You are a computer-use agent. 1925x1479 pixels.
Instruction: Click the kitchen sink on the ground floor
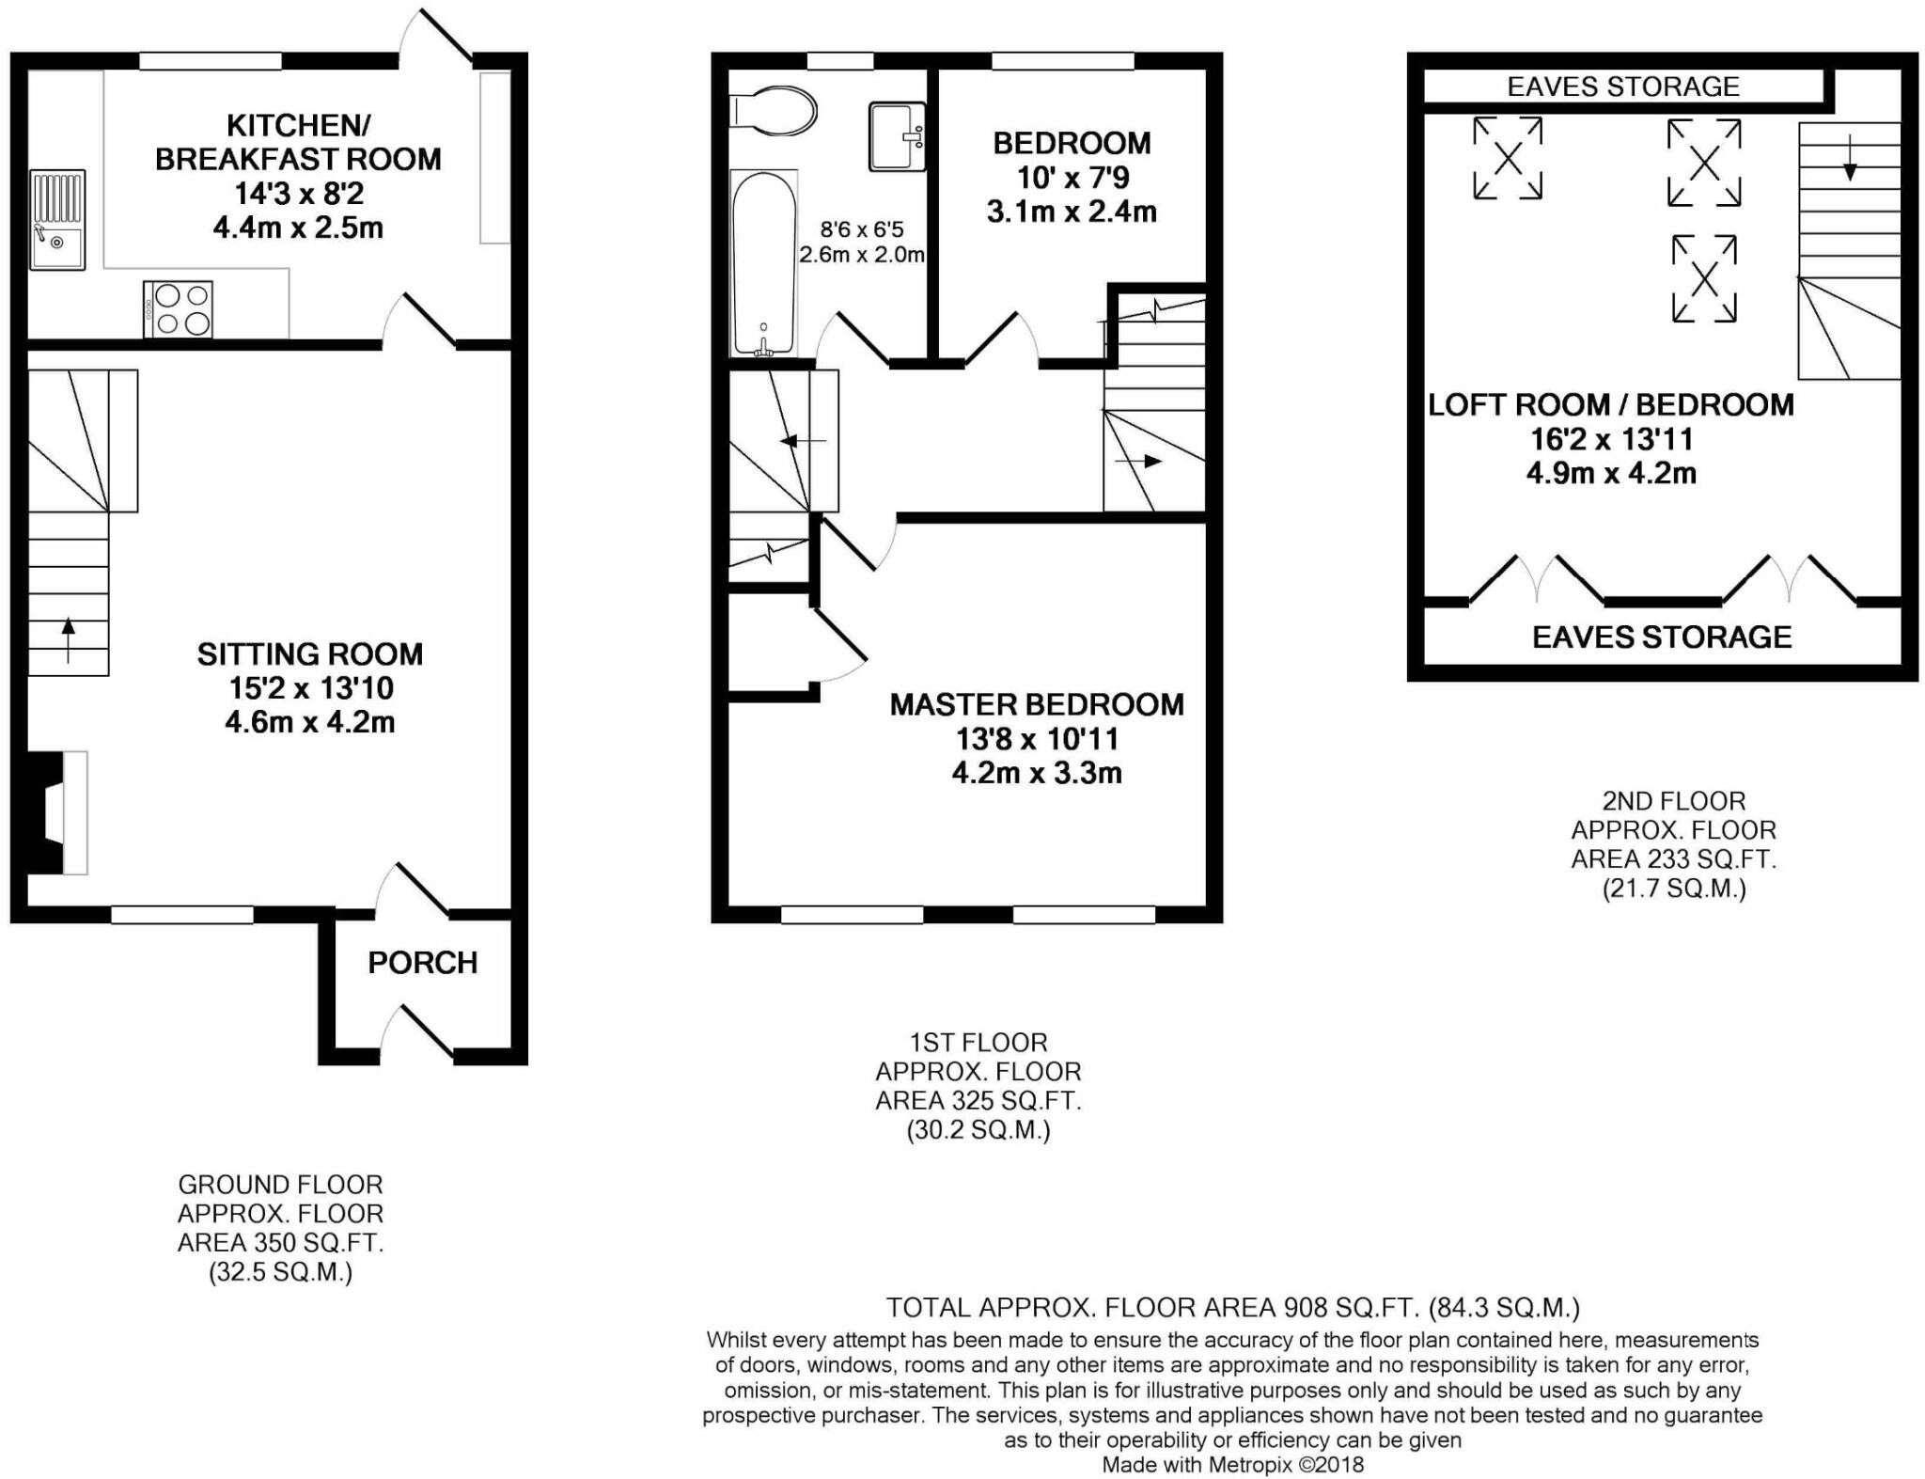tap(57, 219)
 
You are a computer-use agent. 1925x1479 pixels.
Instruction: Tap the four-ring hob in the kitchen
tap(179, 309)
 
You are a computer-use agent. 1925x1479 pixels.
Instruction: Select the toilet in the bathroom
tap(773, 111)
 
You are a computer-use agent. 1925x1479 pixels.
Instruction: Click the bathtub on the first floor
tap(764, 263)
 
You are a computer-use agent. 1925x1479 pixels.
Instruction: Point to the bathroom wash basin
tap(897, 137)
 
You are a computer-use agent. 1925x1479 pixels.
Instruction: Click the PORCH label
tap(422, 963)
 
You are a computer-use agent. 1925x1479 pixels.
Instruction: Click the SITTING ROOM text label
tap(309, 654)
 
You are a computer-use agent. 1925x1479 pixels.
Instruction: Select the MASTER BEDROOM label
tap(1037, 705)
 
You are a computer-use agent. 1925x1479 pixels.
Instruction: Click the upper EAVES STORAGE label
tap(1623, 87)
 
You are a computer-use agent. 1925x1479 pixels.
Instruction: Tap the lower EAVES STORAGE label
tap(1661, 637)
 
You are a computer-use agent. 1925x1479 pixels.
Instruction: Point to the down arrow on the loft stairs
tap(1849, 159)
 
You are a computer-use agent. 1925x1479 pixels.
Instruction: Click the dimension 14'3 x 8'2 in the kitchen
tap(298, 194)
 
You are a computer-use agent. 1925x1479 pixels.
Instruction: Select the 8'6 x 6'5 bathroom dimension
tap(861, 229)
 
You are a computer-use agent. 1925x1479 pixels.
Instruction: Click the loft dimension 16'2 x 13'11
tap(1611, 439)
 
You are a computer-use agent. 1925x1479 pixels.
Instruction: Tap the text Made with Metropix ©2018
tap(1231, 1464)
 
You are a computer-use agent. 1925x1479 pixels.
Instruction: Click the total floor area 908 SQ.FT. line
tap(1232, 1307)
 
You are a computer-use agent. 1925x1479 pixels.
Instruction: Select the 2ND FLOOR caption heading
tap(1673, 801)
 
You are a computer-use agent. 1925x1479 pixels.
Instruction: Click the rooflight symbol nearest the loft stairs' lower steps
tap(1703, 278)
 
